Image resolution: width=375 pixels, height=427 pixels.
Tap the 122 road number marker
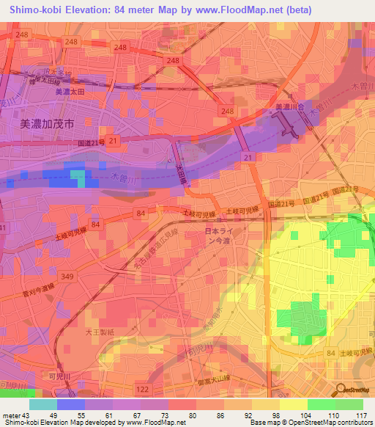[x=143, y=388]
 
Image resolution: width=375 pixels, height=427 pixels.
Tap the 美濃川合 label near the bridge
[x=289, y=107]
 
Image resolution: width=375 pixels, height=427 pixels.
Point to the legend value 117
[x=360, y=415]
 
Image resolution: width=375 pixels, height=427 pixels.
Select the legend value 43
[x=26, y=415]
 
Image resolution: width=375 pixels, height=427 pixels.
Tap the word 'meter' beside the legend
[x=11, y=415]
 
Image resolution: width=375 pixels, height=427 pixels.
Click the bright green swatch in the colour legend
[x=322, y=404]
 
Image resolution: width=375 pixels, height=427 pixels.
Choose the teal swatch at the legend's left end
[x=43, y=404]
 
